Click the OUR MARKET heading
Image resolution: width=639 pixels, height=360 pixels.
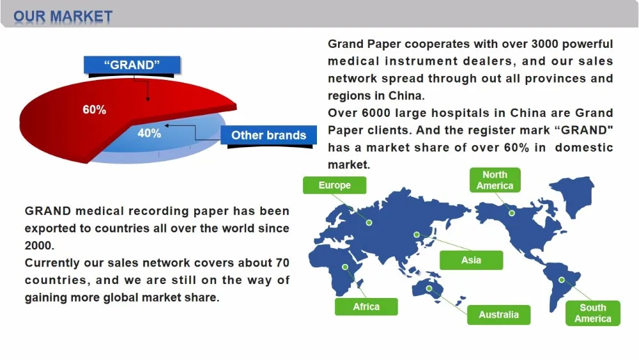coord(63,16)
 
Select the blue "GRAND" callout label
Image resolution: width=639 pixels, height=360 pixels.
coord(132,65)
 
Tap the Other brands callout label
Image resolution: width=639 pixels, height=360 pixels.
coord(268,135)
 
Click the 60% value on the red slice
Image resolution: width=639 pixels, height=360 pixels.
coord(95,110)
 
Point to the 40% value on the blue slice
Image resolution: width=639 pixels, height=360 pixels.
coord(150,134)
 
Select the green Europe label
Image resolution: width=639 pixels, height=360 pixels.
coord(335,185)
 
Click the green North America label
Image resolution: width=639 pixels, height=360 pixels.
coord(495,180)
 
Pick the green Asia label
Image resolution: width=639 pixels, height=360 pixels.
coord(471,260)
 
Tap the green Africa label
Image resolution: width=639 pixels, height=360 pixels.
coord(366,307)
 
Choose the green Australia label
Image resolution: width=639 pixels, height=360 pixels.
coord(498,315)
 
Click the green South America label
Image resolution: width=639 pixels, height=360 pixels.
coord(592,313)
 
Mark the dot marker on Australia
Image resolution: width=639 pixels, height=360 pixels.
coord(429,288)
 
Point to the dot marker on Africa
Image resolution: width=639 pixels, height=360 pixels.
coord(346,267)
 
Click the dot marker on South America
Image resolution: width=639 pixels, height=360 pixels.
coord(562,279)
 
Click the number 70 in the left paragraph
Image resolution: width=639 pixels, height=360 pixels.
coord(282,263)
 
